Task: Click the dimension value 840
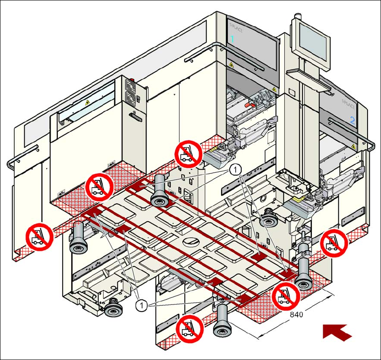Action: coord(296,315)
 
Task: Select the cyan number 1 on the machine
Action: coord(232,39)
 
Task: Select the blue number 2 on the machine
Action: coord(352,120)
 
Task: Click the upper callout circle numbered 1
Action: coord(235,170)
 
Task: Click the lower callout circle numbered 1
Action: coord(141,305)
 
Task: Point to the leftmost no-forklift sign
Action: coord(39,236)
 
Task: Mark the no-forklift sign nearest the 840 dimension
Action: coord(286,296)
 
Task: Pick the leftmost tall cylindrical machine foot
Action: coord(78,238)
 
